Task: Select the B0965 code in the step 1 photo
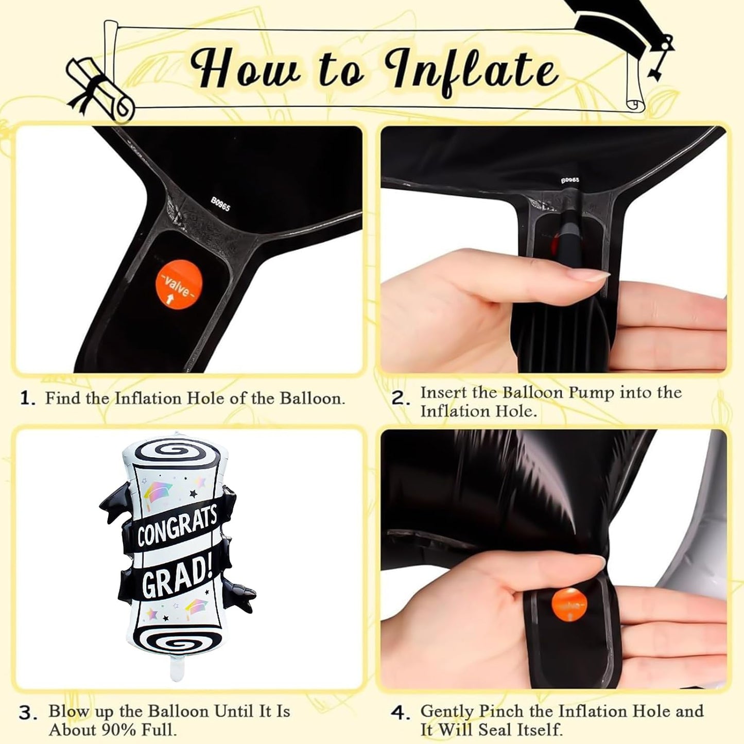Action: coord(221,203)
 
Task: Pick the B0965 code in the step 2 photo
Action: coord(570,180)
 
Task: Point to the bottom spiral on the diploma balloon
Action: coord(178,643)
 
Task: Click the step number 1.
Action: coord(28,398)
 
